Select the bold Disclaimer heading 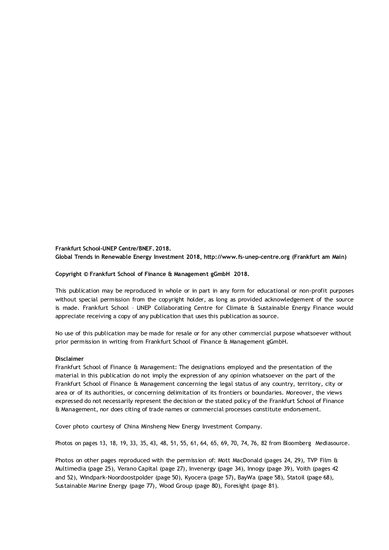69,359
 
